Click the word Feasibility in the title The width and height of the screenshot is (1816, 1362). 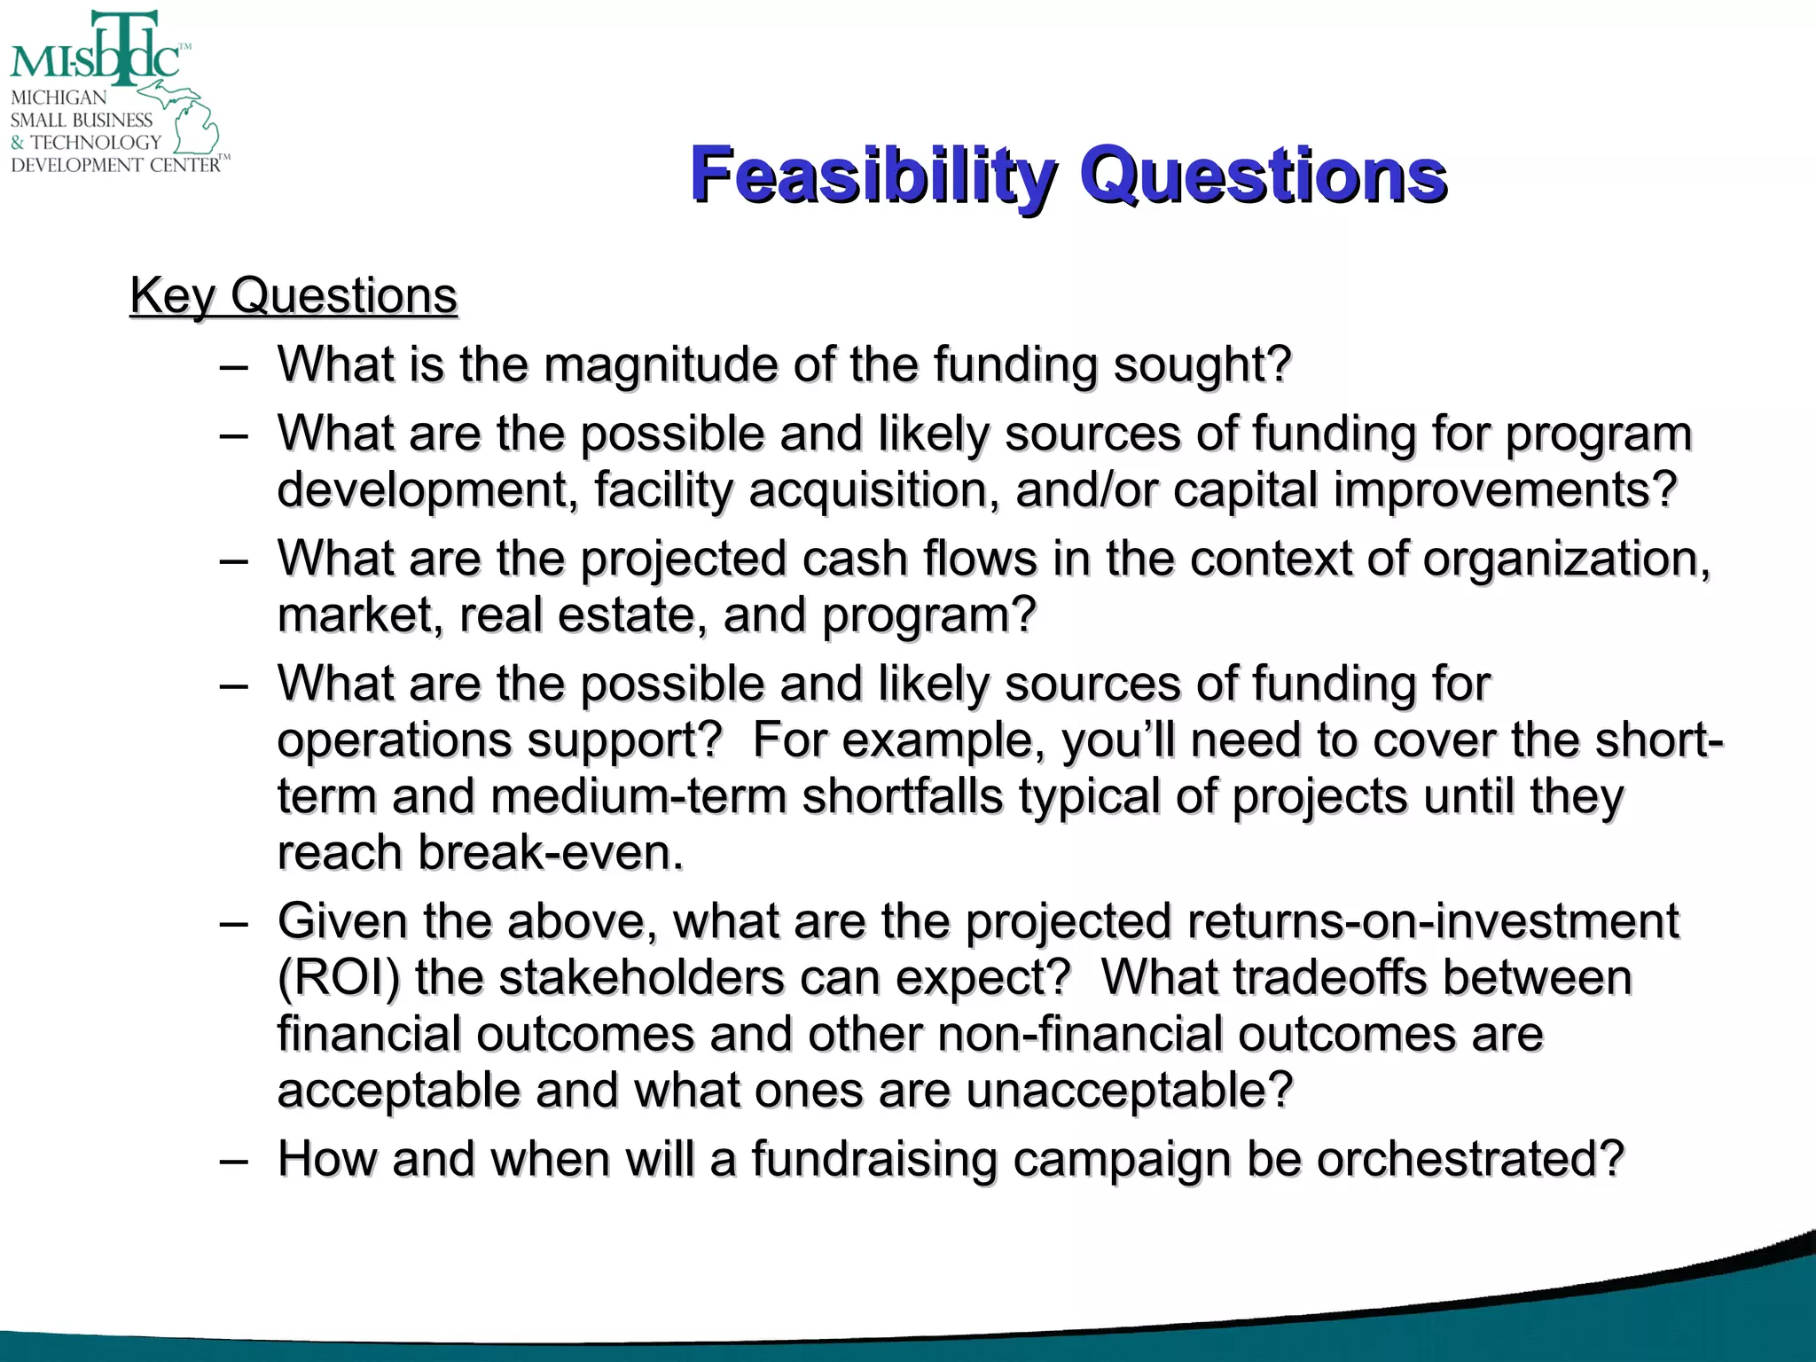873,175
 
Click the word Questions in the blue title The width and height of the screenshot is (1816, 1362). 1263,175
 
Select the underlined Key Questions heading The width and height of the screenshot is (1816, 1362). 294,295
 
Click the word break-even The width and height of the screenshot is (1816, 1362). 550,853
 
